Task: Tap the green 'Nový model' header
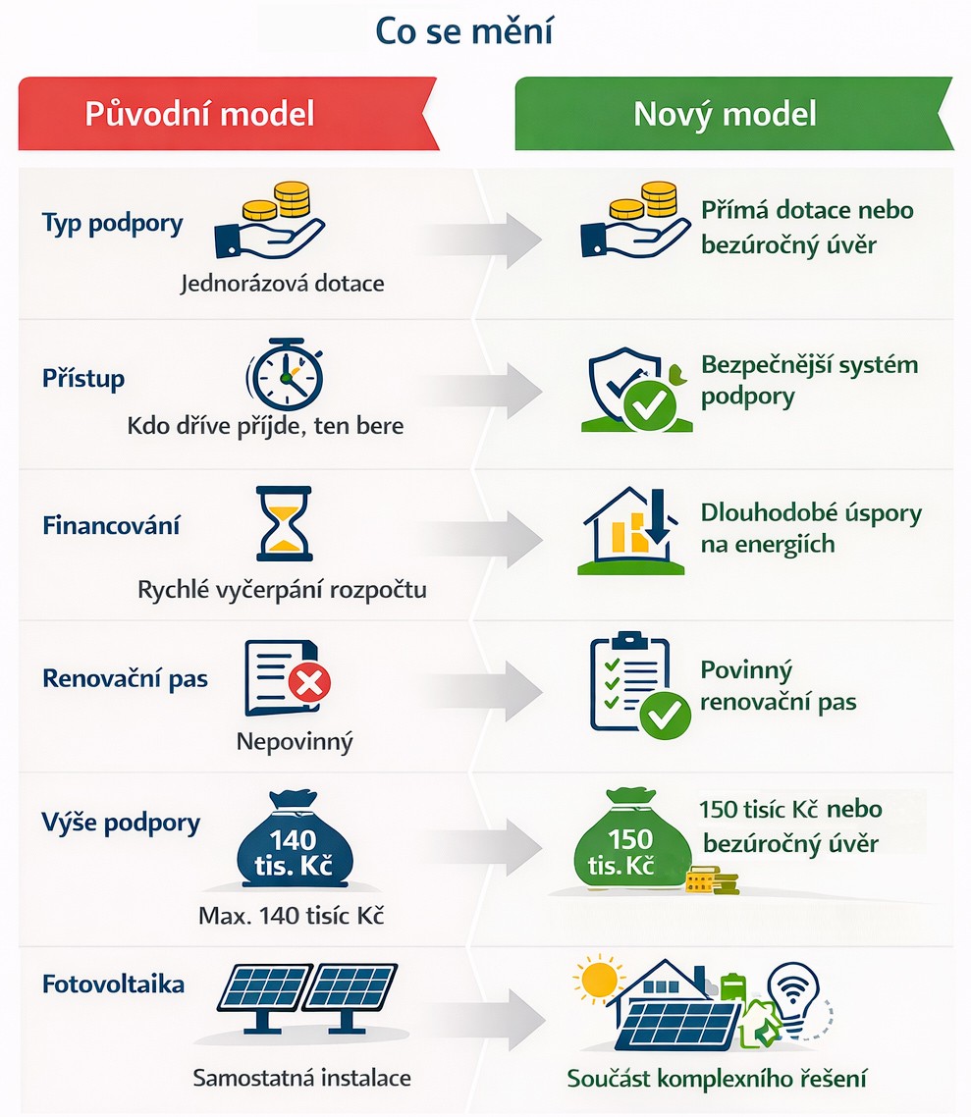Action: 725,114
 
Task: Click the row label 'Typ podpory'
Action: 112,224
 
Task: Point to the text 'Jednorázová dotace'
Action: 283,284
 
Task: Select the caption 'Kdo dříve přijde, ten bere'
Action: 265,427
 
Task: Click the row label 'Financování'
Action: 111,525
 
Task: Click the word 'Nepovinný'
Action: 294,741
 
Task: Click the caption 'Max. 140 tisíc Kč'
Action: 291,917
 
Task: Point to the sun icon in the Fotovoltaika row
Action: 598,981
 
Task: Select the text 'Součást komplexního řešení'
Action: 717,1078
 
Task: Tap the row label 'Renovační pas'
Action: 125,678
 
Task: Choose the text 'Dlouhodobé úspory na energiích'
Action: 811,528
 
